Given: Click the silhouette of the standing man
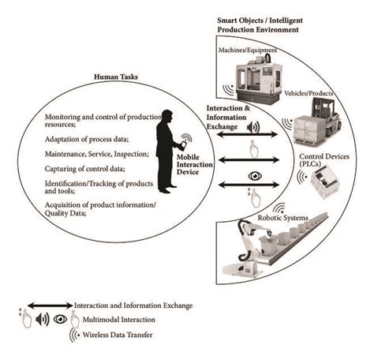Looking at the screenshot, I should [x=168, y=150].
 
